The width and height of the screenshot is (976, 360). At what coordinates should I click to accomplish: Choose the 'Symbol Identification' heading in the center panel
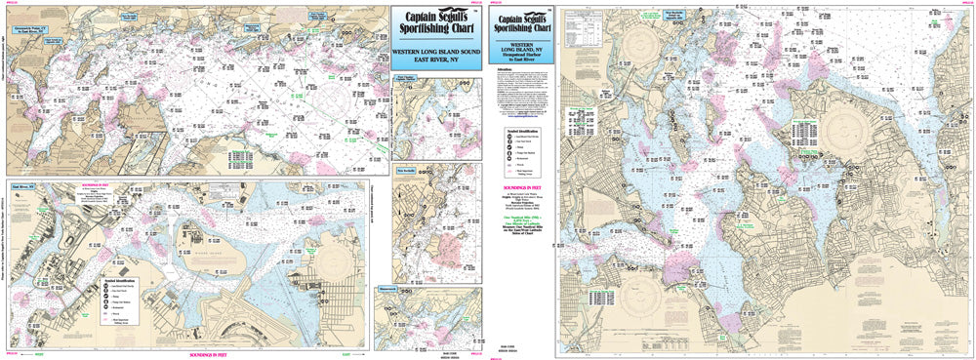517,130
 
